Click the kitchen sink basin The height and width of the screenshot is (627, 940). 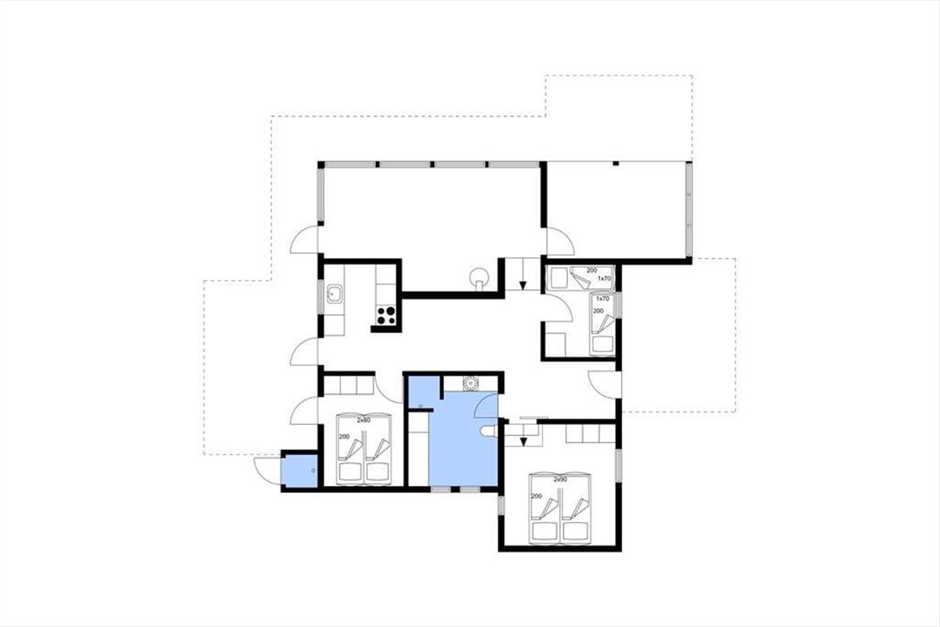point(334,294)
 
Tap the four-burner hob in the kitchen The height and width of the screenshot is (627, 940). point(386,315)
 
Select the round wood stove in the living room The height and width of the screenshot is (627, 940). point(479,278)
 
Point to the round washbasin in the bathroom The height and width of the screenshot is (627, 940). point(471,383)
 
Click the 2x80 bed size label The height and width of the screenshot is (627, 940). point(363,420)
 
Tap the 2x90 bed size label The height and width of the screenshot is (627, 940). point(560,479)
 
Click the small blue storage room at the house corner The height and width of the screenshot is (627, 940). point(299,471)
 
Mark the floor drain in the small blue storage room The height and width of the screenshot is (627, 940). point(313,471)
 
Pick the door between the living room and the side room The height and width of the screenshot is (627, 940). point(561,241)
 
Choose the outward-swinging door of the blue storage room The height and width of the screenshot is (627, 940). point(267,471)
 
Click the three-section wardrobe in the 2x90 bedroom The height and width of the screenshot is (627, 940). point(591,433)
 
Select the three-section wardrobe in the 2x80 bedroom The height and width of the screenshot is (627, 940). point(349,385)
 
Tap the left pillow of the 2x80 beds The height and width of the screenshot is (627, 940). point(350,473)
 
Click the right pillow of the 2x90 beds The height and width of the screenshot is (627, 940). point(574,531)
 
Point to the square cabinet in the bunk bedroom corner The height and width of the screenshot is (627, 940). point(556,344)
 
